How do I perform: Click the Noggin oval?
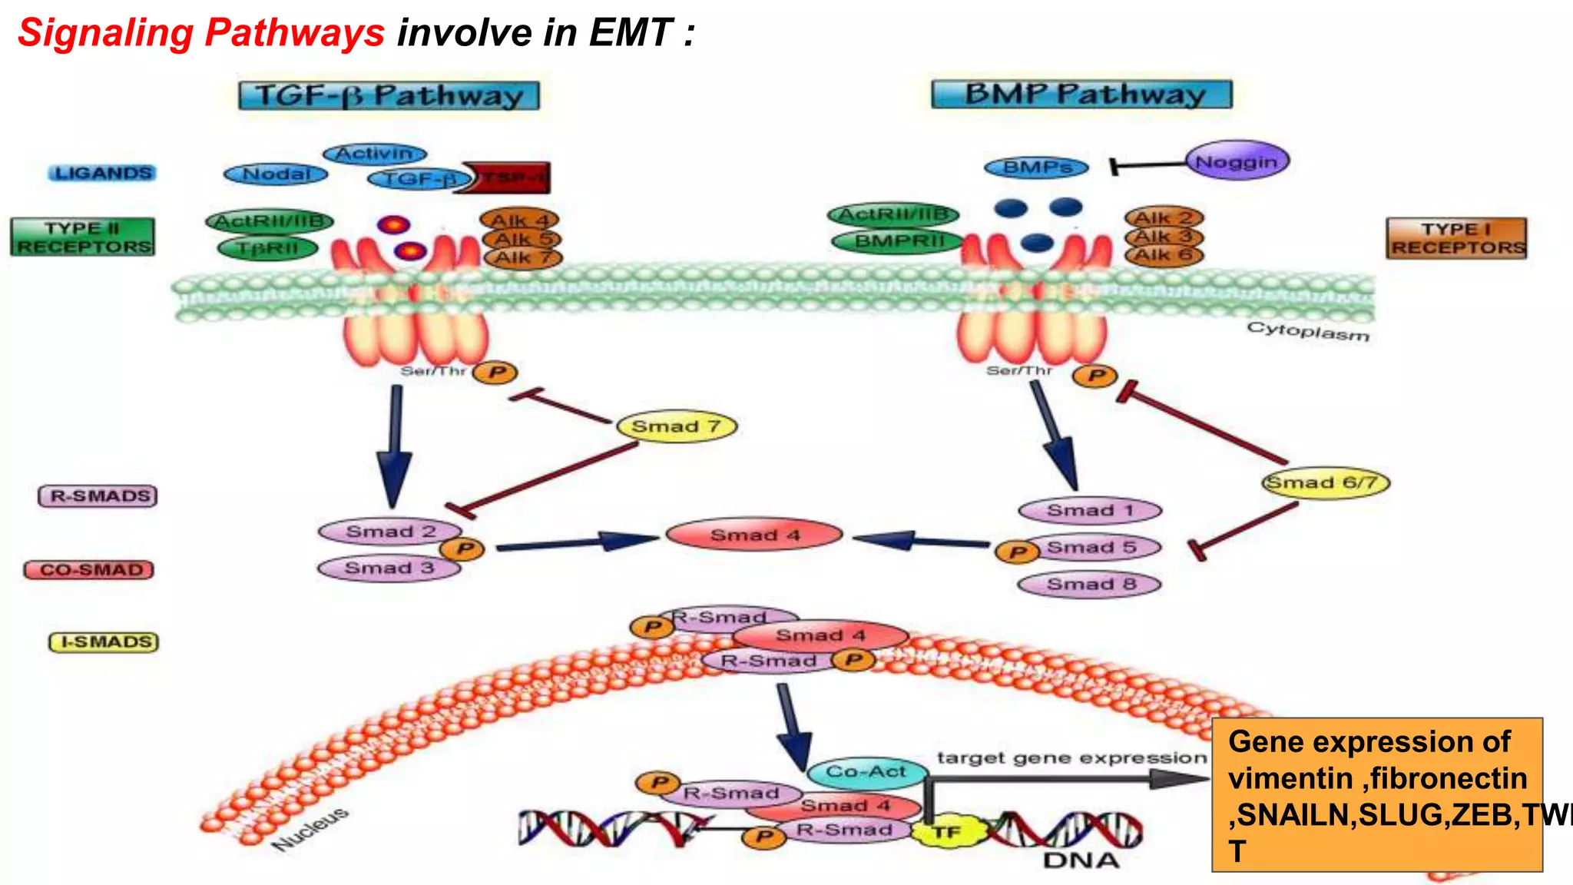point(1237,161)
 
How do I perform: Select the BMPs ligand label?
point(1036,167)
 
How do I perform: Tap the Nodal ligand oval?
point(276,174)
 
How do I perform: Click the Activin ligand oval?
point(374,154)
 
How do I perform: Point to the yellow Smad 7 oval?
point(676,426)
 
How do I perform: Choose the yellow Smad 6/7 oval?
point(1326,482)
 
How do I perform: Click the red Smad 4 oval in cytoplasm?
point(754,535)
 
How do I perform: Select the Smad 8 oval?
point(1090,585)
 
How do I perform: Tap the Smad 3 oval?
point(389,568)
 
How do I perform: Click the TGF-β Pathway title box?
point(389,96)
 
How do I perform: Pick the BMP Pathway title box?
point(1081,94)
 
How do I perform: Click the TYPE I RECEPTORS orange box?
point(1456,238)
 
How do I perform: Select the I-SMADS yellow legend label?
point(104,642)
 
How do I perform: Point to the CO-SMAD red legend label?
point(89,570)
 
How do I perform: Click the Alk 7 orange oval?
point(522,258)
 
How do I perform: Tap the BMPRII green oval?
point(898,241)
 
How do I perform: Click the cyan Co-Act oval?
point(866,771)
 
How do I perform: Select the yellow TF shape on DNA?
point(948,832)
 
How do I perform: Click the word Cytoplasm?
point(1307,332)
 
